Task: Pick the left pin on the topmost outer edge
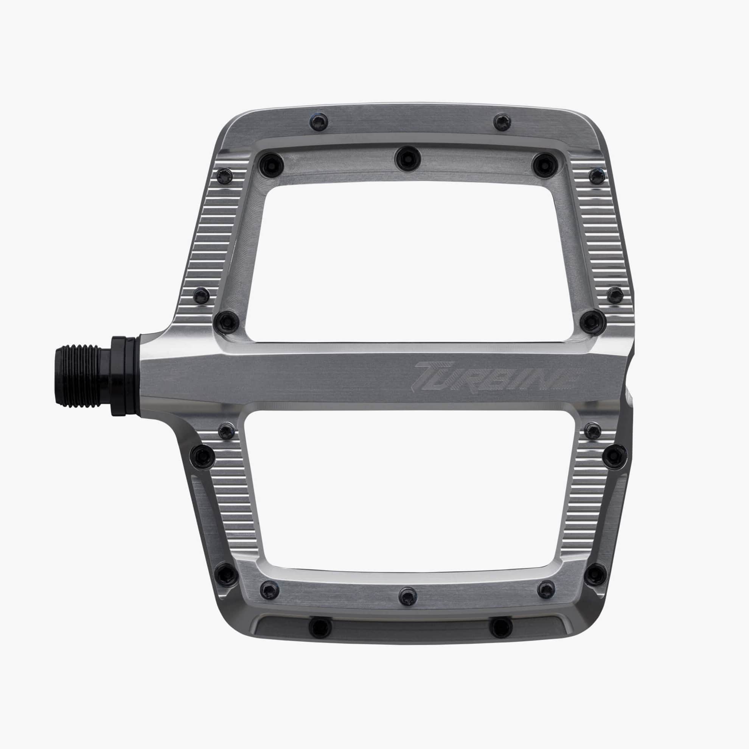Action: tap(319, 121)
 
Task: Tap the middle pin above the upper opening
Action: tap(408, 159)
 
